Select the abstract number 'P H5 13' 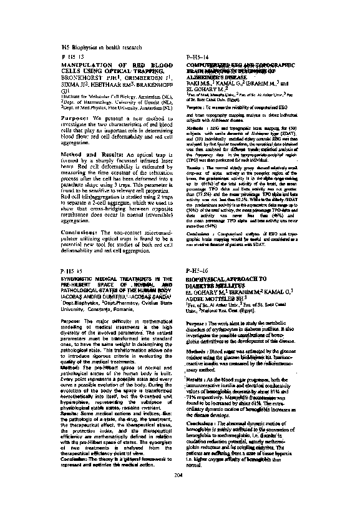coord(72,57)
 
